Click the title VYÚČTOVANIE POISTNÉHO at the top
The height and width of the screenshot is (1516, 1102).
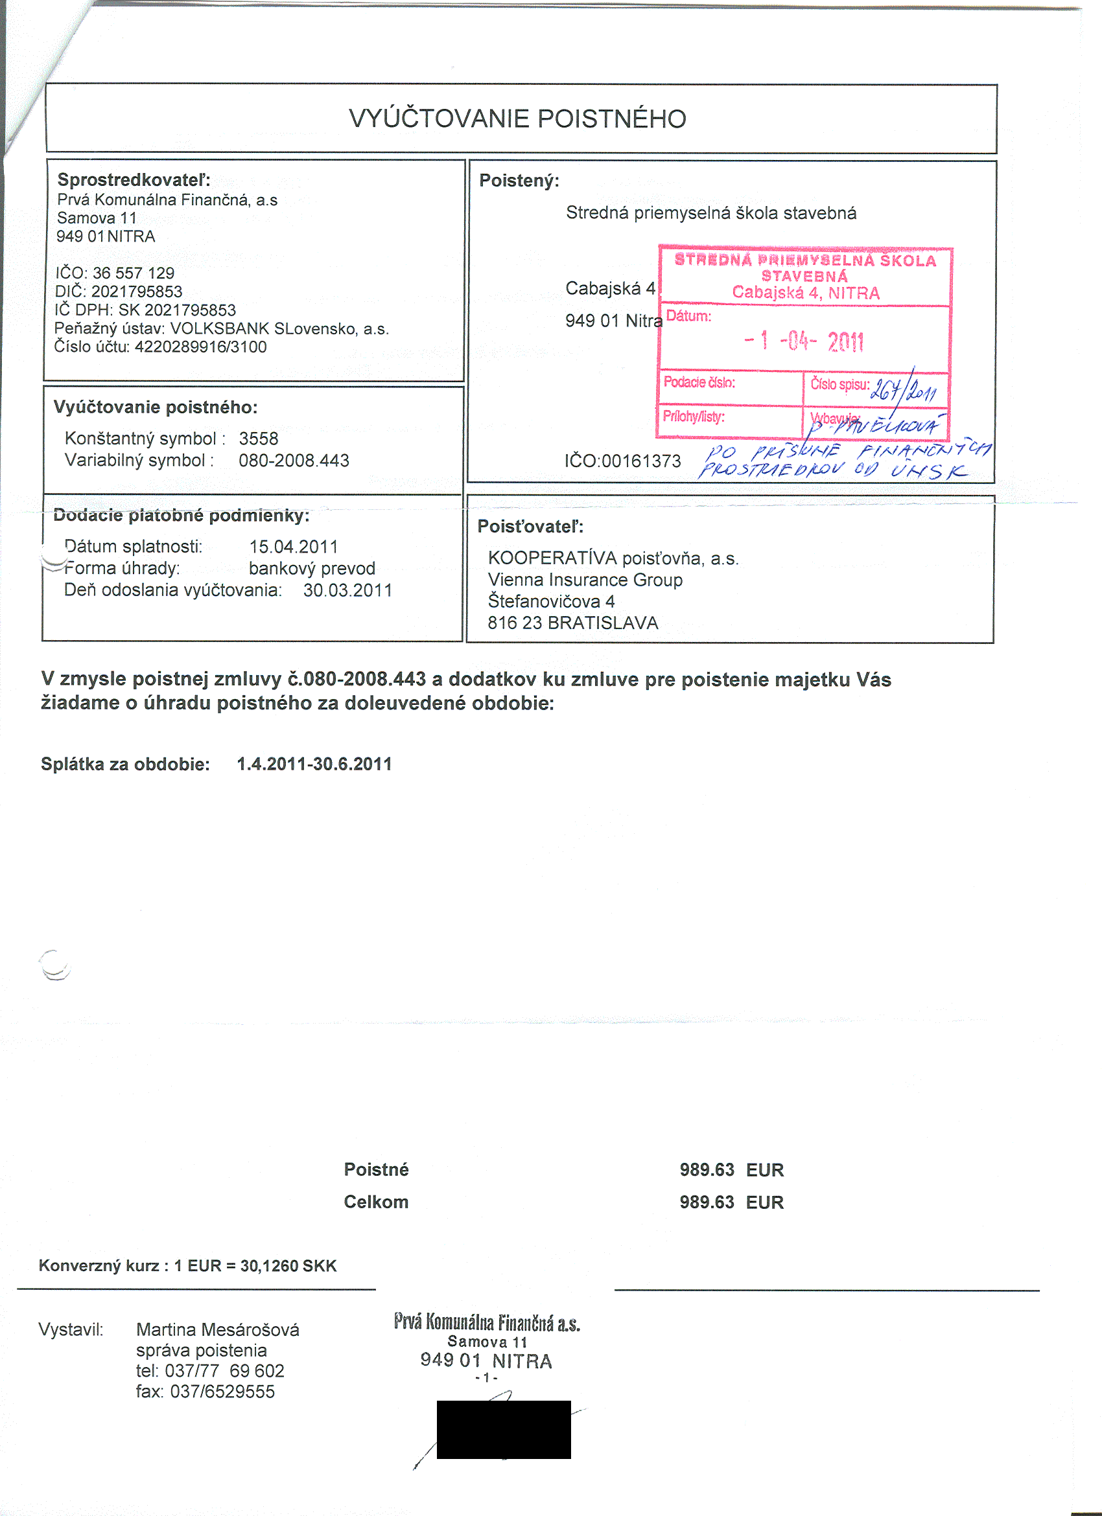(x=517, y=119)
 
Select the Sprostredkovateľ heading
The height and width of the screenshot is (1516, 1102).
(x=134, y=180)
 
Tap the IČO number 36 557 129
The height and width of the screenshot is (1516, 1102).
(x=133, y=273)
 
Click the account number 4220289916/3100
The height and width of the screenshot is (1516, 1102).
(x=200, y=347)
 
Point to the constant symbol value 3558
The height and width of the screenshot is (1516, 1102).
(x=258, y=439)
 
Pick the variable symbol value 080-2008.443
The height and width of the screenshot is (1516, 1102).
(x=294, y=461)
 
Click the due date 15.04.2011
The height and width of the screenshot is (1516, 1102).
(x=294, y=547)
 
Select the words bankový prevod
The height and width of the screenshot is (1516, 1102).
(x=312, y=568)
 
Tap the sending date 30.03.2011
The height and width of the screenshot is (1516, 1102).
(x=347, y=590)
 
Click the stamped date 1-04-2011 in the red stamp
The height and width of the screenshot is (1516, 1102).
(x=804, y=341)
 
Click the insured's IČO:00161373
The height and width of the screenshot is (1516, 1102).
(x=622, y=461)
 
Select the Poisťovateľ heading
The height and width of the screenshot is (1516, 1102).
(x=530, y=527)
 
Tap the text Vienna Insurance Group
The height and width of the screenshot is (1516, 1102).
(x=585, y=580)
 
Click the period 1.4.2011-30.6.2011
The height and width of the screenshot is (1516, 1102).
(x=314, y=764)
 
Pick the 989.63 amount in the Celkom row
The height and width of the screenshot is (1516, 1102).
(x=707, y=1202)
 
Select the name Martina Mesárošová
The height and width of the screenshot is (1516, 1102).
(x=217, y=1329)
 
